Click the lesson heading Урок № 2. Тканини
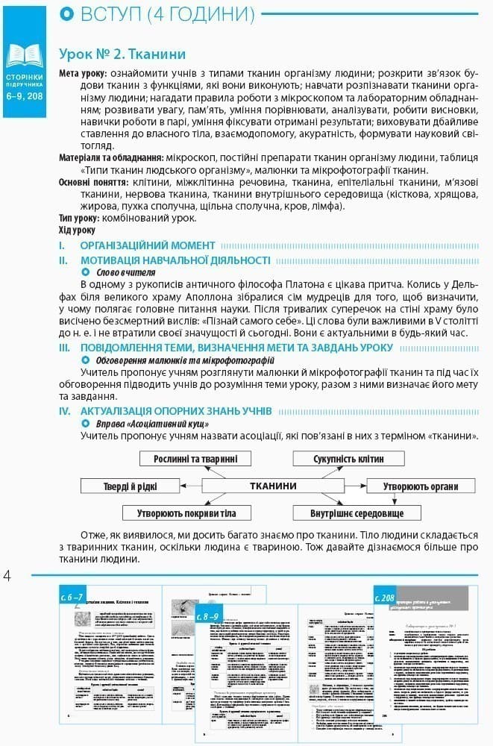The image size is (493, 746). click(122, 54)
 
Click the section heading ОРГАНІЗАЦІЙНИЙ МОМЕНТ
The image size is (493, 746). click(148, 245)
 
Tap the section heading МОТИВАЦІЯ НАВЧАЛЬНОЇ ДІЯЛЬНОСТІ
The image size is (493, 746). click(175, 260)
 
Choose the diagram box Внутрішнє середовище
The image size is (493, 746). click(357, 513)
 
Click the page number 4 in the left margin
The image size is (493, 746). click(8, 576)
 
